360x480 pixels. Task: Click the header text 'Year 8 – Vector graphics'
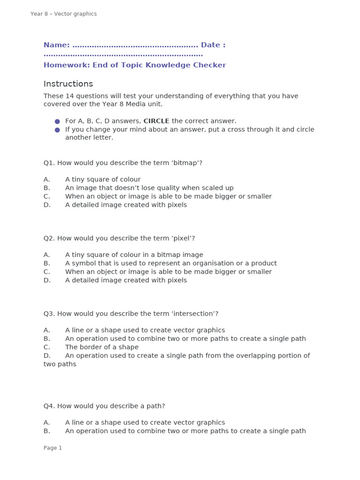coord(63,14)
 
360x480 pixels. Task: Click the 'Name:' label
coord(57,45)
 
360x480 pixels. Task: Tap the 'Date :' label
coord(213,45)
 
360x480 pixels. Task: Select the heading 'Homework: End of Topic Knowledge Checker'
coord(135,65)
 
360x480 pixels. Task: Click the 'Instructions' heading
coord(68,84)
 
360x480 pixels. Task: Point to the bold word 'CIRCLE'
coord(157,121)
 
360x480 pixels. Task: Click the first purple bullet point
coord(57,121)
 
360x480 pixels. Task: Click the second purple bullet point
coord(57,130)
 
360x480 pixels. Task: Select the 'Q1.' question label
coord(49,163)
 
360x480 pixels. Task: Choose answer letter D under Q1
coord(47,205)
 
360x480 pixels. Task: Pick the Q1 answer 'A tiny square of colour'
coord(103,180)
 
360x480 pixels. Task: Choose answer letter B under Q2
coord(46,263)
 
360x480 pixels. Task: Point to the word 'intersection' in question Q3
coord(195,314)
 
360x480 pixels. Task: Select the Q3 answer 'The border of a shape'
coord(102,347)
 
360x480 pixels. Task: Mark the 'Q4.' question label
coord(49,406)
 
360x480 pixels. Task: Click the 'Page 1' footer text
coord(52,448)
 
